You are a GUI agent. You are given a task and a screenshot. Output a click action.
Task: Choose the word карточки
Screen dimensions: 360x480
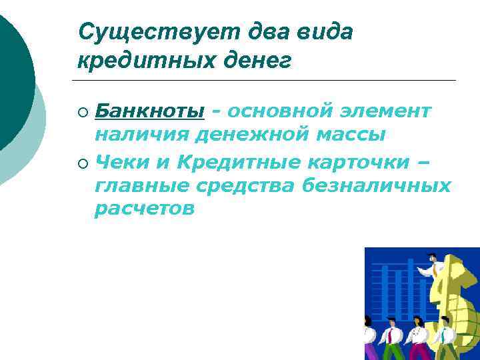[360, 161]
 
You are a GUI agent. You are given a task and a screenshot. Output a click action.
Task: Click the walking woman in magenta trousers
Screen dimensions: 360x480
[419, 339]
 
